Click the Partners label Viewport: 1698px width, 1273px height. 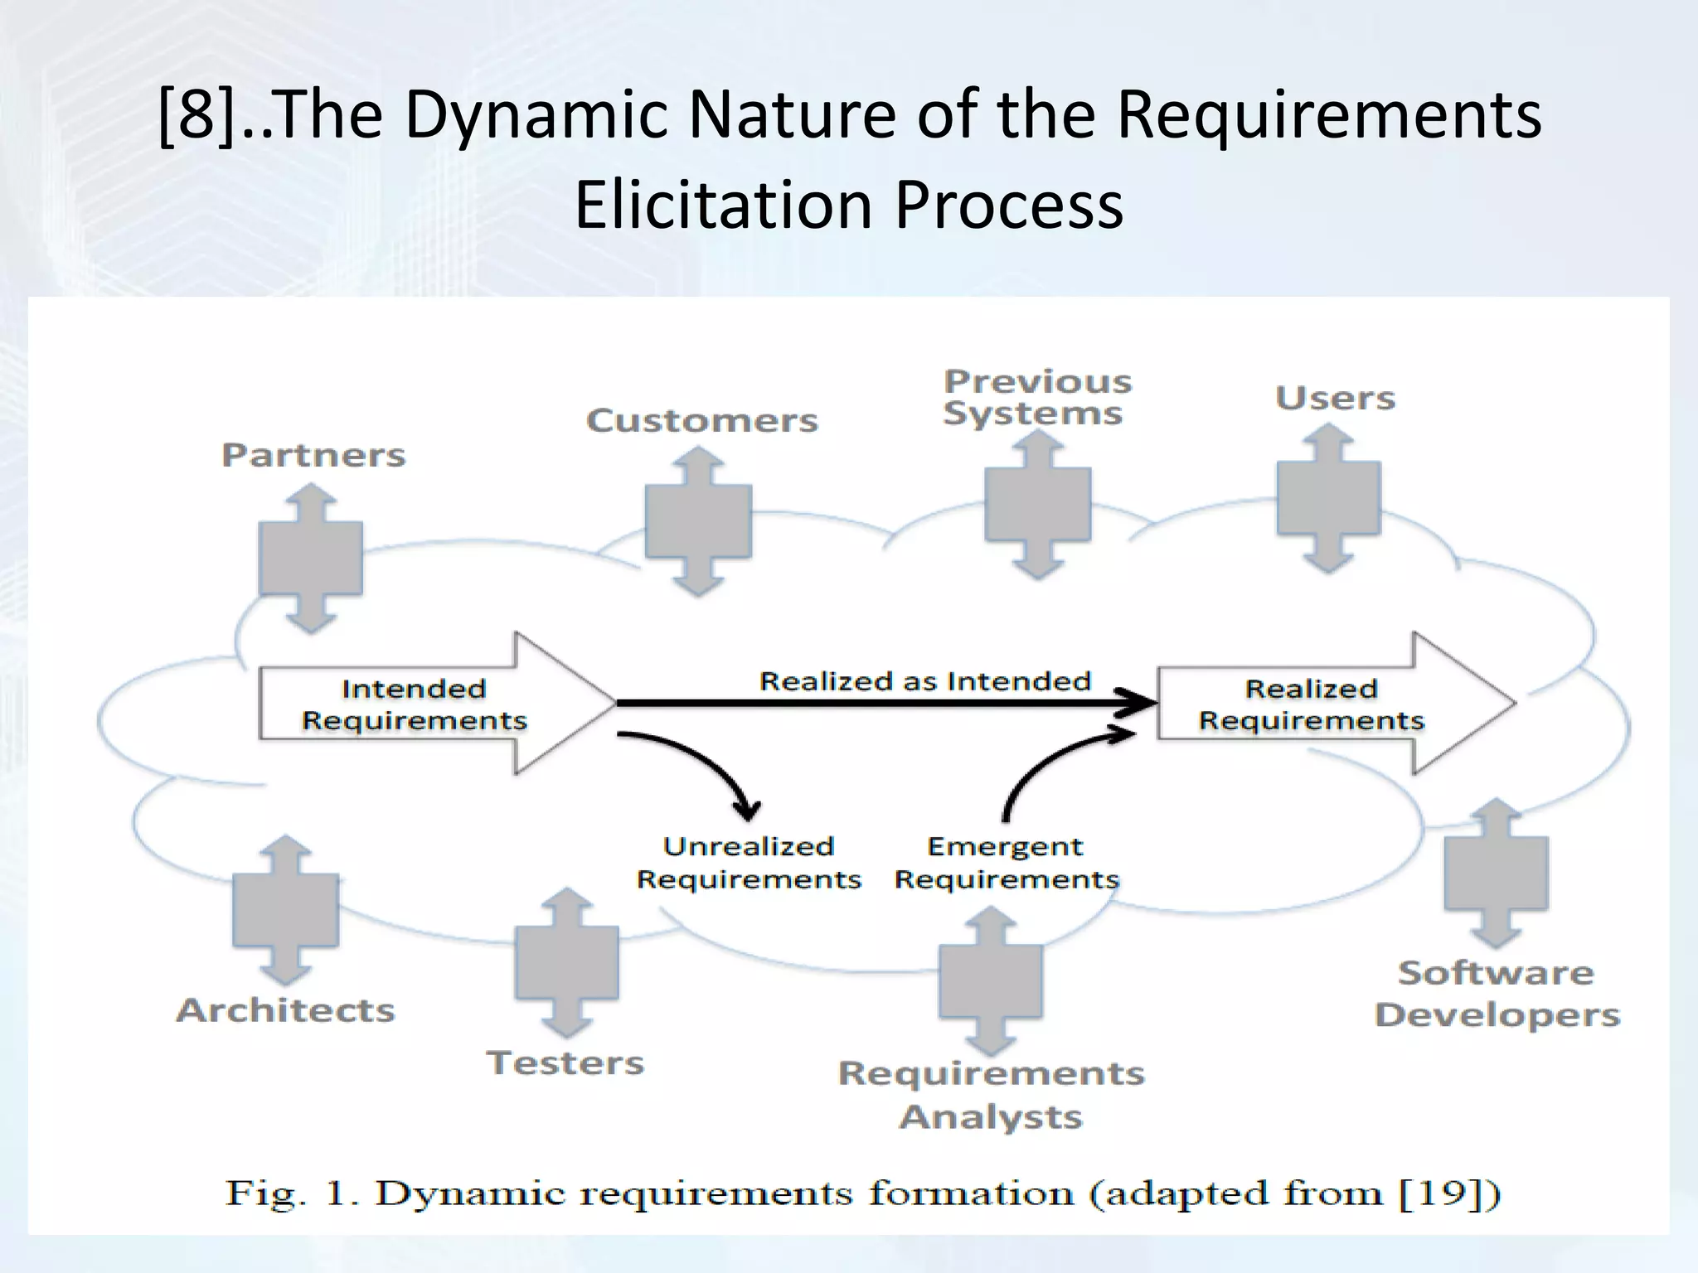point(313,455)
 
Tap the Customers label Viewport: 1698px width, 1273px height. point(701,420)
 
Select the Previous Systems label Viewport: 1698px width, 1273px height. point(1036,397)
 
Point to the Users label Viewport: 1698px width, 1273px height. point(1335,399)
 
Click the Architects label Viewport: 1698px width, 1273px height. point(285,1010)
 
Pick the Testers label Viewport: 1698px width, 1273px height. point(565,1062)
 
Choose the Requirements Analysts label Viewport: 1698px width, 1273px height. point(991,1095)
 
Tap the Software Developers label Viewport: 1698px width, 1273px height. point(1497,993)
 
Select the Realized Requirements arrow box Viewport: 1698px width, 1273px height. point(1318,704)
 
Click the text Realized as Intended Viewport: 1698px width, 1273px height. point(924,681)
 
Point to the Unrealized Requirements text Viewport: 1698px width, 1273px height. point(749,863)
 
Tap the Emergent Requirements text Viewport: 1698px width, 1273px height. point(1006,863)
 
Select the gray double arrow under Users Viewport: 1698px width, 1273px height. point(1328,498)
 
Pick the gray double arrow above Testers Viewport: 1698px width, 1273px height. point(566,962)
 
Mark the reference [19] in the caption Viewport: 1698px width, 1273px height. point(1449,1193)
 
